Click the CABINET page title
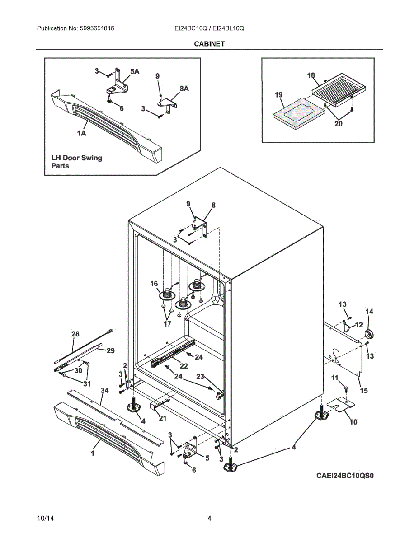pos(209,44)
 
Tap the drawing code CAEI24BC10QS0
pos(345,476)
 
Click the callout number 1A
pos(82,133)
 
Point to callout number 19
pos(278,95)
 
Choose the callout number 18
pos(311,75)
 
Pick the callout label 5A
pos(135,71)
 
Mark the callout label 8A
pos(184,89)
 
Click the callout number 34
pos(104,390)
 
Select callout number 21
pos(163,418)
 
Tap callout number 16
pos(154,284)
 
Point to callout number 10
pos(353,422)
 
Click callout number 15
pos(363,390)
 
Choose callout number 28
pos(75,334)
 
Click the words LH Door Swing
pos(77,158)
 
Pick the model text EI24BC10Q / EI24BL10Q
pos(209,28)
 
